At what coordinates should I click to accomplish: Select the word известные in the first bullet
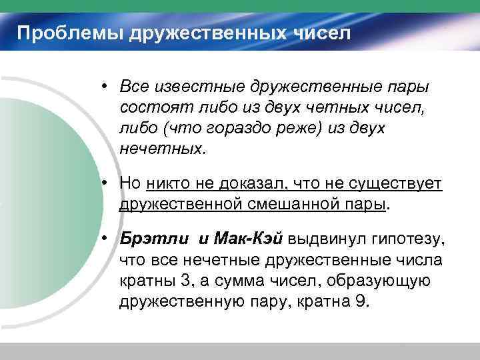click(x=201, y=87)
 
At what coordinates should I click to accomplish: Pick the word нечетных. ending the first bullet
click(x=159, y=148)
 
